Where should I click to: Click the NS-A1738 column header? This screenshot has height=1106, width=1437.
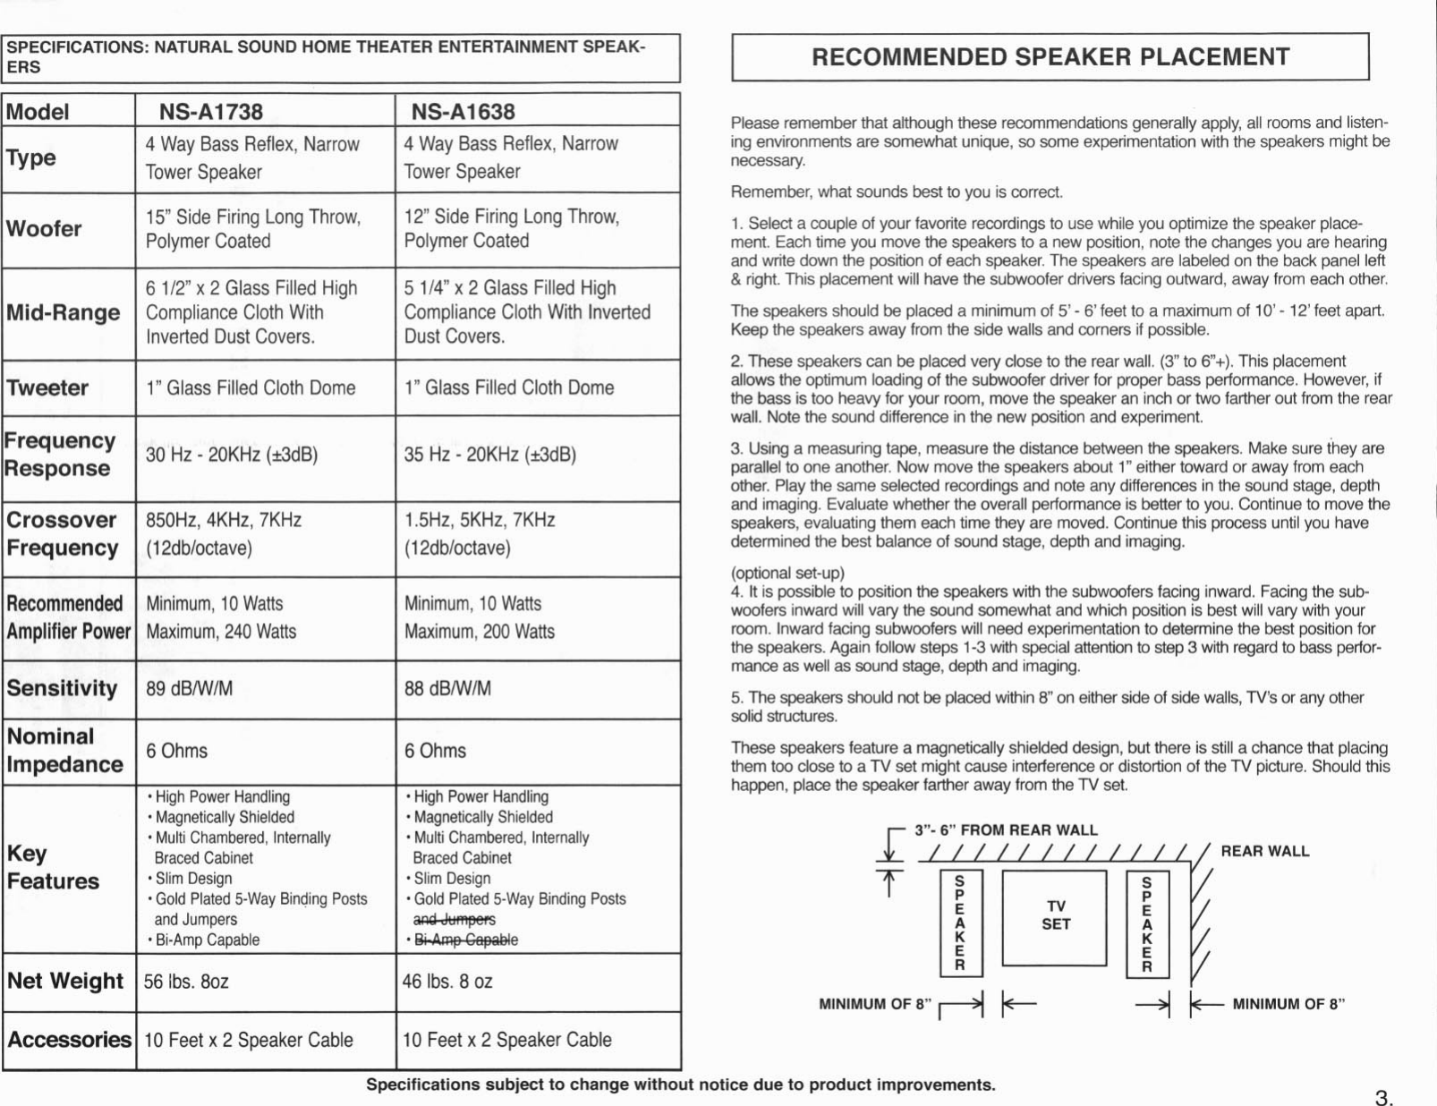(211, 112)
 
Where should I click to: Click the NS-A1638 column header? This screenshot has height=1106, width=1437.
(463, 112)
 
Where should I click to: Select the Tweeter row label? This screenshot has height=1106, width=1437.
(47, 388)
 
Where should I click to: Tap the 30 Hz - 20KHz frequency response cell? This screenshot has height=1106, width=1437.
(232, 455)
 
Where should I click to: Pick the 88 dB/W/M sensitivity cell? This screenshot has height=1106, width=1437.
(447, 689)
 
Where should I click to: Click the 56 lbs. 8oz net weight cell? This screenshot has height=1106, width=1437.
(186, 982)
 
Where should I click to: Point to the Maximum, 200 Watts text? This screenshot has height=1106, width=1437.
(479, 632)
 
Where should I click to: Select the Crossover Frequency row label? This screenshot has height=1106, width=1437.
(63, 534)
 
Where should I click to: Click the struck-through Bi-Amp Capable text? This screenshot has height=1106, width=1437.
(465, 940)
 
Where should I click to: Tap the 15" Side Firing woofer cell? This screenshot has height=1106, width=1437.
(253, 229)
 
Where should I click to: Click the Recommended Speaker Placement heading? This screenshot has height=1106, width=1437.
(1050, 57)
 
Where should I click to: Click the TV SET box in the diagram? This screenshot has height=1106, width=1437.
(1055, 916)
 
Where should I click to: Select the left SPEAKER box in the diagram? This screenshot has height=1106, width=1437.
(960, 923)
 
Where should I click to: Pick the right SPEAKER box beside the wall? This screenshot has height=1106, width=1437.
(1147, 923)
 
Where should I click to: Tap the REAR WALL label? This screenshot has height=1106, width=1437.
(1264, 851)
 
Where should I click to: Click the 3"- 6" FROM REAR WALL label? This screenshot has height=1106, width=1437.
(1006, 830)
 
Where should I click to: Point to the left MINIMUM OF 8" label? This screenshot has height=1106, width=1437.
(875, 1004)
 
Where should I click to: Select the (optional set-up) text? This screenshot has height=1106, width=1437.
(787, 573)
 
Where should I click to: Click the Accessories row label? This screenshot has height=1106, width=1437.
(69, 1040)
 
